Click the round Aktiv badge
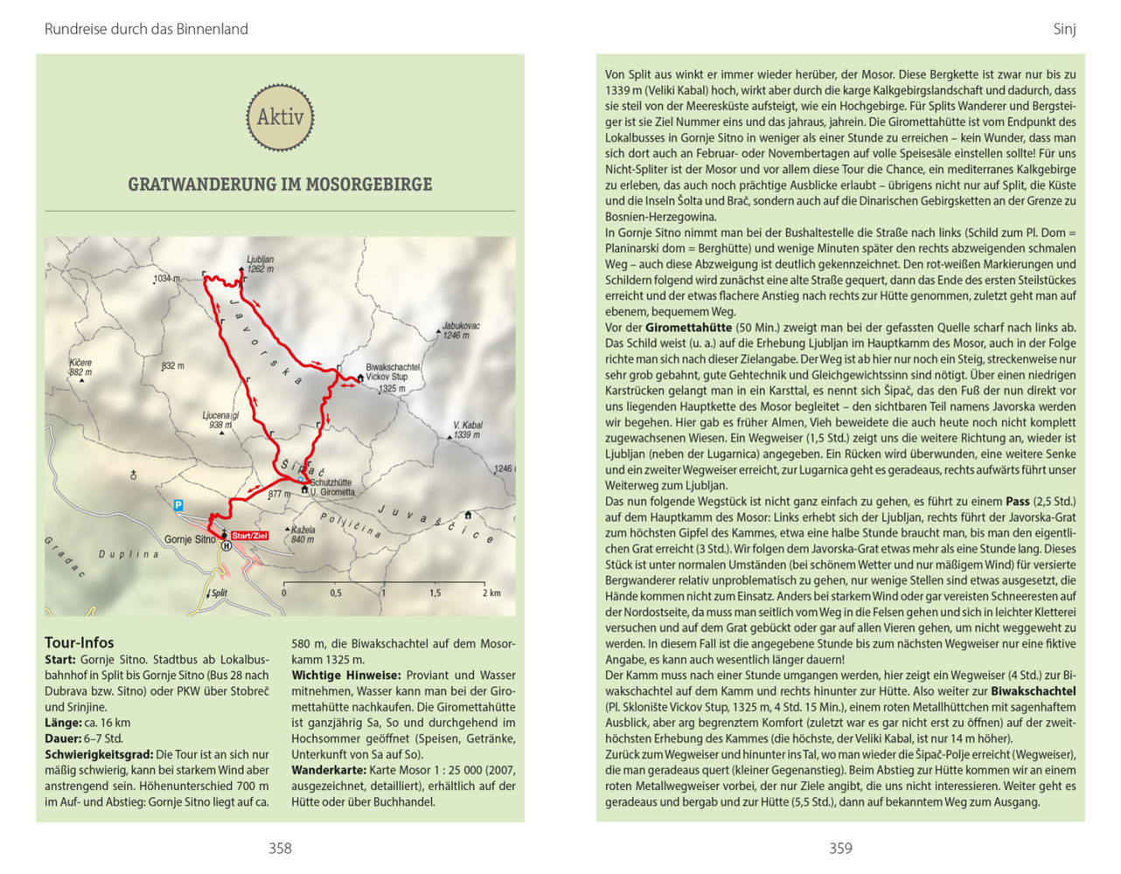pos(280,117)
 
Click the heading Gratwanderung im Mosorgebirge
pos(280,184)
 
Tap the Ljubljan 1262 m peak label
pos(260,264)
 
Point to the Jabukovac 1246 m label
pos(460,330)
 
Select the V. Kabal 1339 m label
pos(467,430)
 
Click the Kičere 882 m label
pos(80,367)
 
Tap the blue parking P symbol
pos(178,505)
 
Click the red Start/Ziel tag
pos(249,536)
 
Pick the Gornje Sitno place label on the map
pos(190,539)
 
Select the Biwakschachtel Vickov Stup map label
pos(392,373)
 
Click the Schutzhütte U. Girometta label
pos(331,487)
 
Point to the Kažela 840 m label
pos(303,535)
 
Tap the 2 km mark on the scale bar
pos(491,593)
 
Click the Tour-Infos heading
pos(80,642)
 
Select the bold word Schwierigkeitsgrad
pos(98,754)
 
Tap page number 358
pos(280,848)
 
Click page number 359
pos(840,848)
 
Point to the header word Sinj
pos(1064,29)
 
